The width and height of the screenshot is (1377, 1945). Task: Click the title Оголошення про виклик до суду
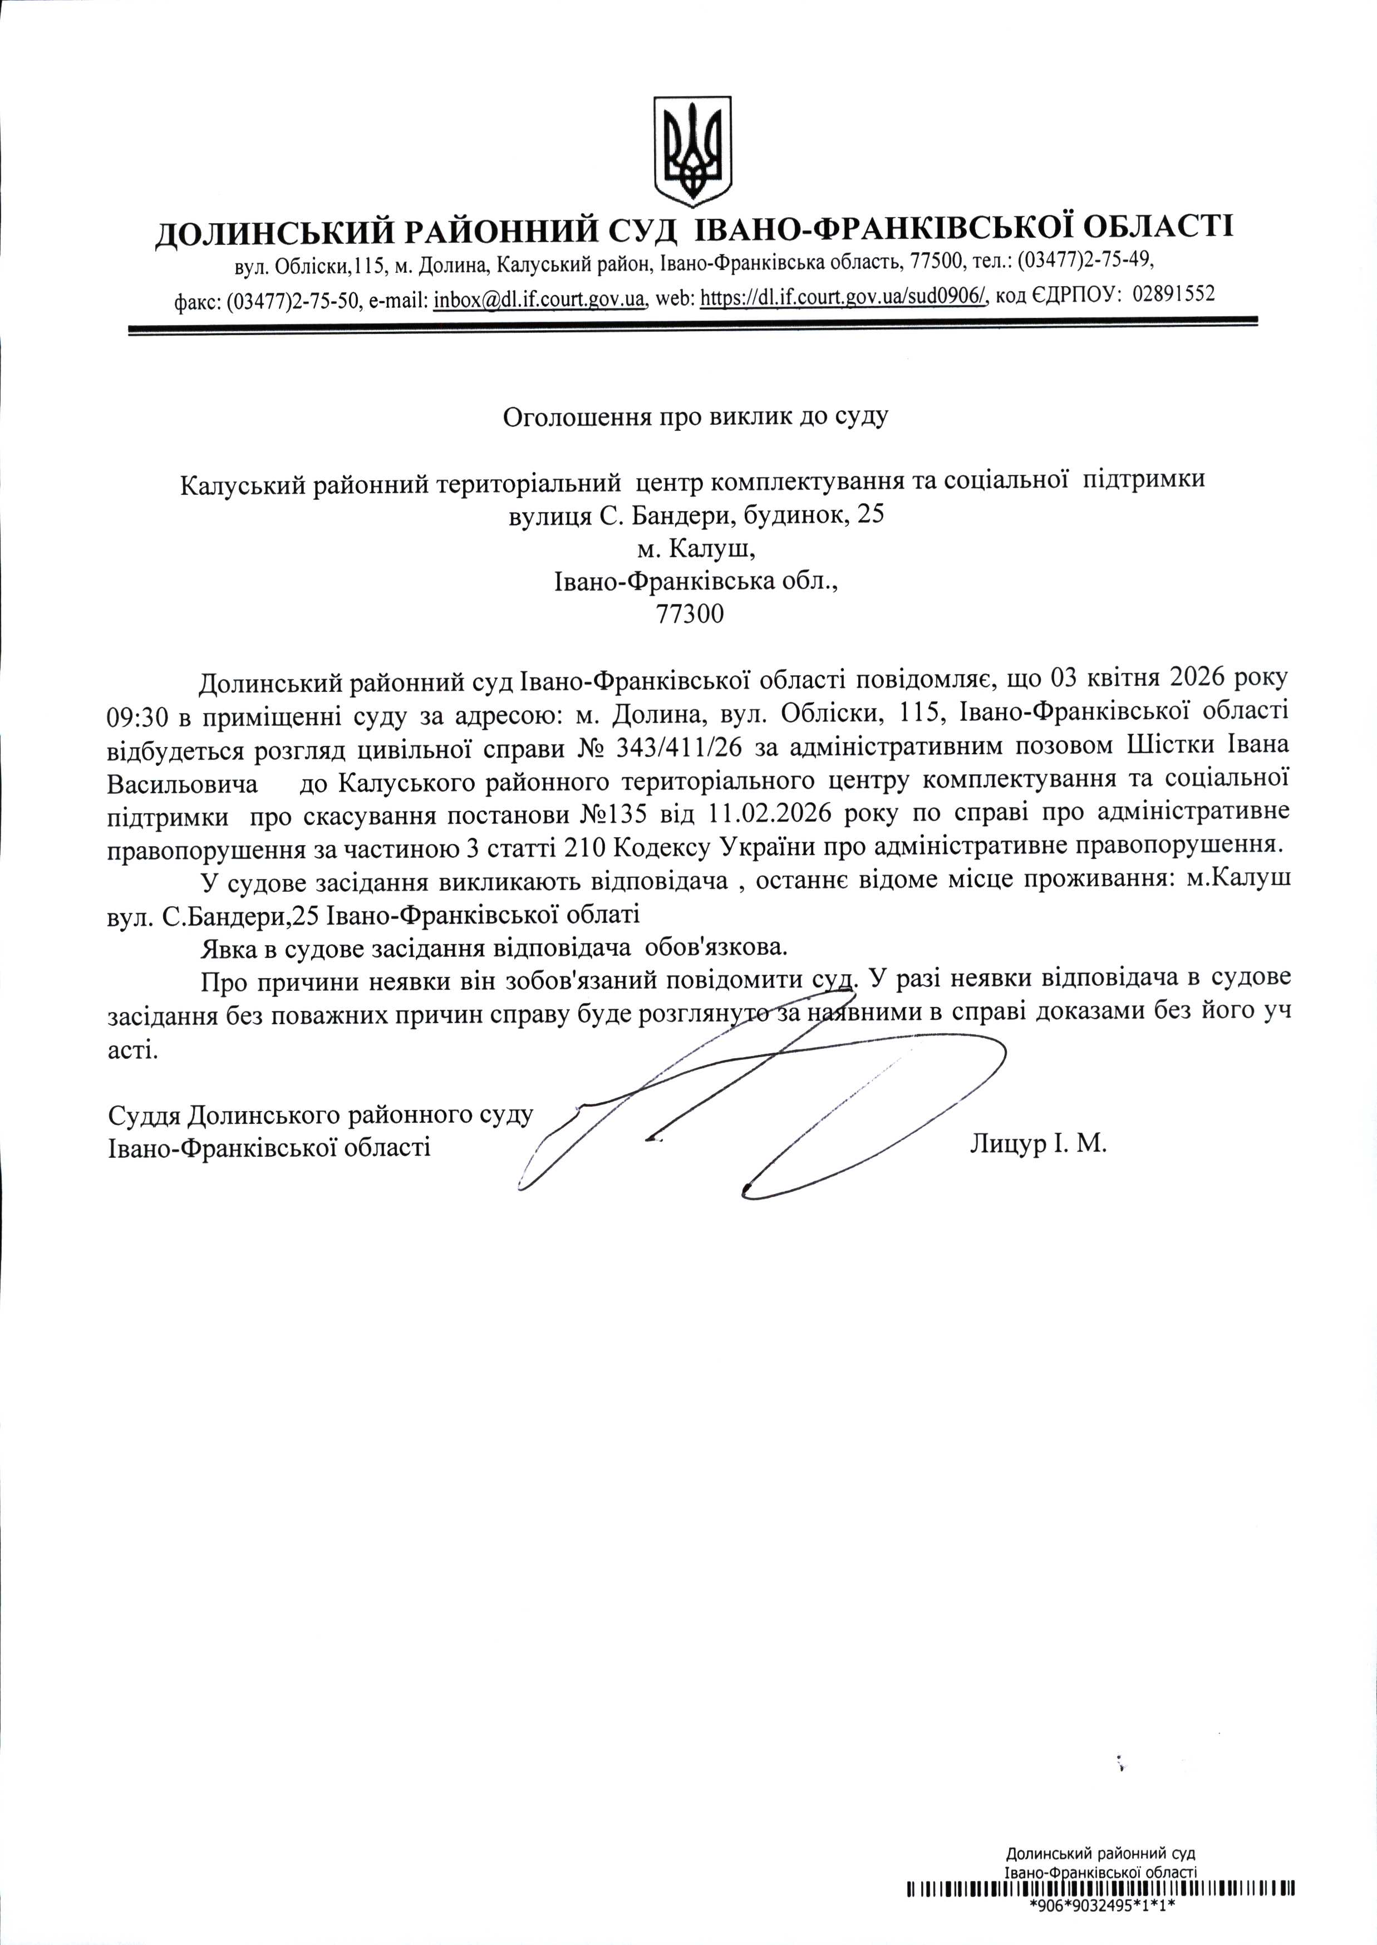695,417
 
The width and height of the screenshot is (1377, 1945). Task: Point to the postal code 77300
690,614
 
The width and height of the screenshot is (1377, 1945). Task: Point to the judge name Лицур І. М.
1038,1145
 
